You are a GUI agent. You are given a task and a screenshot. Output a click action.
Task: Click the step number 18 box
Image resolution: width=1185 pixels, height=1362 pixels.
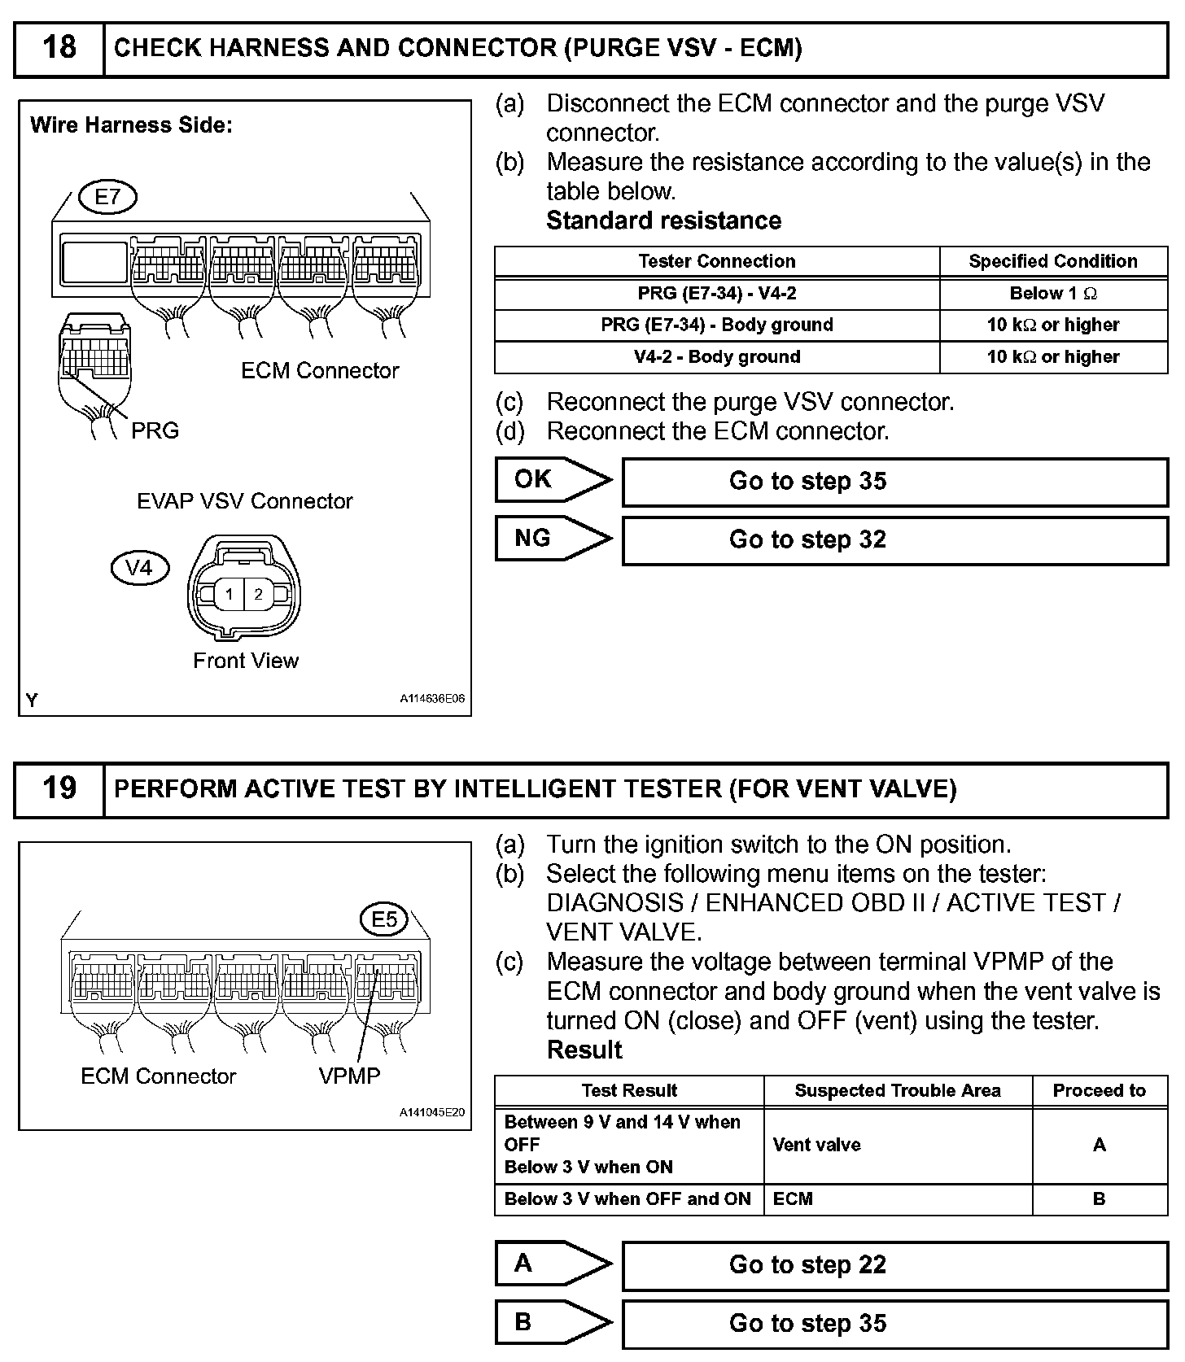(59, 48)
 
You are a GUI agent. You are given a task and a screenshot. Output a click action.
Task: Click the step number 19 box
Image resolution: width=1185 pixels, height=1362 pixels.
(59, 788)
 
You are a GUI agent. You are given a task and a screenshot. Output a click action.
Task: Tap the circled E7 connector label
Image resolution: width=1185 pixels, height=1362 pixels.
(107, 197)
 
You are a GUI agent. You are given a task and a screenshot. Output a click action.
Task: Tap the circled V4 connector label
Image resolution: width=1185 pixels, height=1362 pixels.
(139, 567)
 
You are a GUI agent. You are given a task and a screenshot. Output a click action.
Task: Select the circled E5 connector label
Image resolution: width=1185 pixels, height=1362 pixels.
(383, 919)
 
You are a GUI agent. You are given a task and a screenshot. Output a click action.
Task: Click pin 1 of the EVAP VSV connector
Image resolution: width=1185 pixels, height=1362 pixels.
(230, 594)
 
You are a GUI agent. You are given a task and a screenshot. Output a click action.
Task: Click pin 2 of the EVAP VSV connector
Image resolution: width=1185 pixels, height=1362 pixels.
(259, 594)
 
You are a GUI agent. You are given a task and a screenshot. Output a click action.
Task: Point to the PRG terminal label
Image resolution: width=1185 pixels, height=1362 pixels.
(155, 430)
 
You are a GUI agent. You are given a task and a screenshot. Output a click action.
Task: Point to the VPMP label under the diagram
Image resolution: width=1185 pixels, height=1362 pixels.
(349, 1076)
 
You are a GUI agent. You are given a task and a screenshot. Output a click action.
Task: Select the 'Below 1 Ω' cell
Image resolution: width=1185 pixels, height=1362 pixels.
(1053, 294)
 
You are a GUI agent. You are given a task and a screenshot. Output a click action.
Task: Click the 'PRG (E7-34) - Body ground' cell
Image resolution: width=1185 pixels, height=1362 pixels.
(717, 325)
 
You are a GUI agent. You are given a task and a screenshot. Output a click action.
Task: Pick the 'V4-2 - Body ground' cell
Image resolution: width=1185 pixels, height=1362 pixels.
(717, 356)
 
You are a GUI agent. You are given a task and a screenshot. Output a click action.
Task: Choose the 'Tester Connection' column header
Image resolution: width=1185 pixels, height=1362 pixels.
(717, 261)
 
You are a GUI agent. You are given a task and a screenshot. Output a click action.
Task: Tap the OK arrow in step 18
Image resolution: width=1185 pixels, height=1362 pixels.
(553, 480)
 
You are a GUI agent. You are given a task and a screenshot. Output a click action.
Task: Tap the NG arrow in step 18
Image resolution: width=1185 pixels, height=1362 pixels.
(553, 539)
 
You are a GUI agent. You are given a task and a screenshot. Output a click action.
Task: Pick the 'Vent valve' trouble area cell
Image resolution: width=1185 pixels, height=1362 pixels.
(898, 1145)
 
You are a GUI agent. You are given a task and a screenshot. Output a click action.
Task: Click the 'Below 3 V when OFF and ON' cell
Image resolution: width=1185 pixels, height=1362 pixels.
(628, 1198)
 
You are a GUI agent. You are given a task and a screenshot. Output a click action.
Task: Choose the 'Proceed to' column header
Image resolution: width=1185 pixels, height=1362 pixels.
(1099, 1091)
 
